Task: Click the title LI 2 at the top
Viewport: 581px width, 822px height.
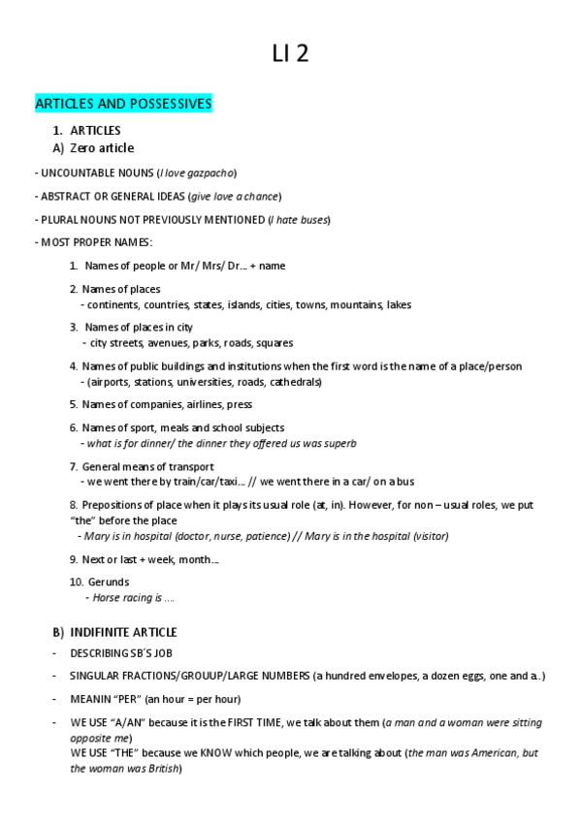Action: [290, 55]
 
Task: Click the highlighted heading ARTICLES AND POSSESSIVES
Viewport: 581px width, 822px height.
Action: [123, 104]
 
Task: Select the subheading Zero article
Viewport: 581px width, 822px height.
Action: [102, 148]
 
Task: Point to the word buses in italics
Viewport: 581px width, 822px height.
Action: [313, 220]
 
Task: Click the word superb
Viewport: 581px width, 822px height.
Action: [337, 444]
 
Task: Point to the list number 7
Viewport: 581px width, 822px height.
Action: [74, 467]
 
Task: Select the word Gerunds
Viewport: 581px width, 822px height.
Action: [108, 583]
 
